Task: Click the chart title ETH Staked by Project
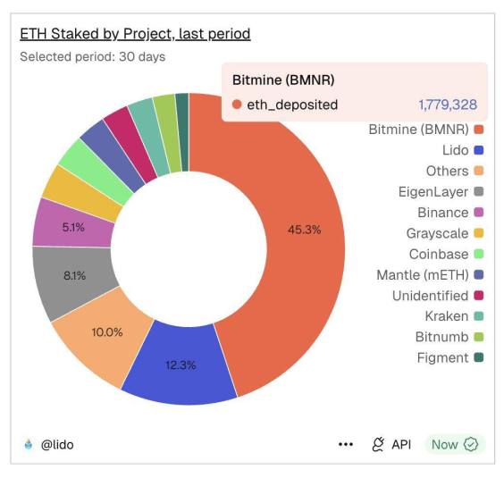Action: point(135,34)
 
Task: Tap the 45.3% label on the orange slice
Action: point(304,230)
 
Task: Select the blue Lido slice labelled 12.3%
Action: point(181,365)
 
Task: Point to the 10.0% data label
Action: point(107,331)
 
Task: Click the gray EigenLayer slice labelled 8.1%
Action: point(74,275)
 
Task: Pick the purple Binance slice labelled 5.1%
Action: point(73,227)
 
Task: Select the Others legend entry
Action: point(447,171)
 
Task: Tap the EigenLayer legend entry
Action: point(433,191)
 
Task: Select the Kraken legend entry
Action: point(447,316)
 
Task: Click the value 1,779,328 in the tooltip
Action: point(447,105)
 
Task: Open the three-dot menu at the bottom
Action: point(346,444)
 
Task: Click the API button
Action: point(391,444)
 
